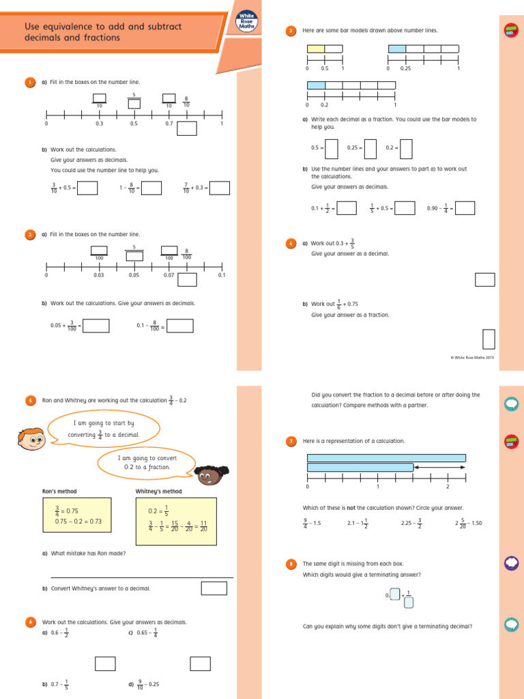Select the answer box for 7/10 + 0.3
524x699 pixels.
[219, 188]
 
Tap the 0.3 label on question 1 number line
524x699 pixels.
[99, 124]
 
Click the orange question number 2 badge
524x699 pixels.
[30, 235]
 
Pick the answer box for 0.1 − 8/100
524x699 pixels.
[180, 326]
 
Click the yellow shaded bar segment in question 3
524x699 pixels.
[315, 48]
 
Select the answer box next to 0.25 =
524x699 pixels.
[370, 148]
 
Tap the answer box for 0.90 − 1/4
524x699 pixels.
[465, 208]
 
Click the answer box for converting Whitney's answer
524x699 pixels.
[214, 588]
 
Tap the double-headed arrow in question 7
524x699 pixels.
[440, 467]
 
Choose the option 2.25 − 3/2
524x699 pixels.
[411, 523]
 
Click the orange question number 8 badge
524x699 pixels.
[291, 564]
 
